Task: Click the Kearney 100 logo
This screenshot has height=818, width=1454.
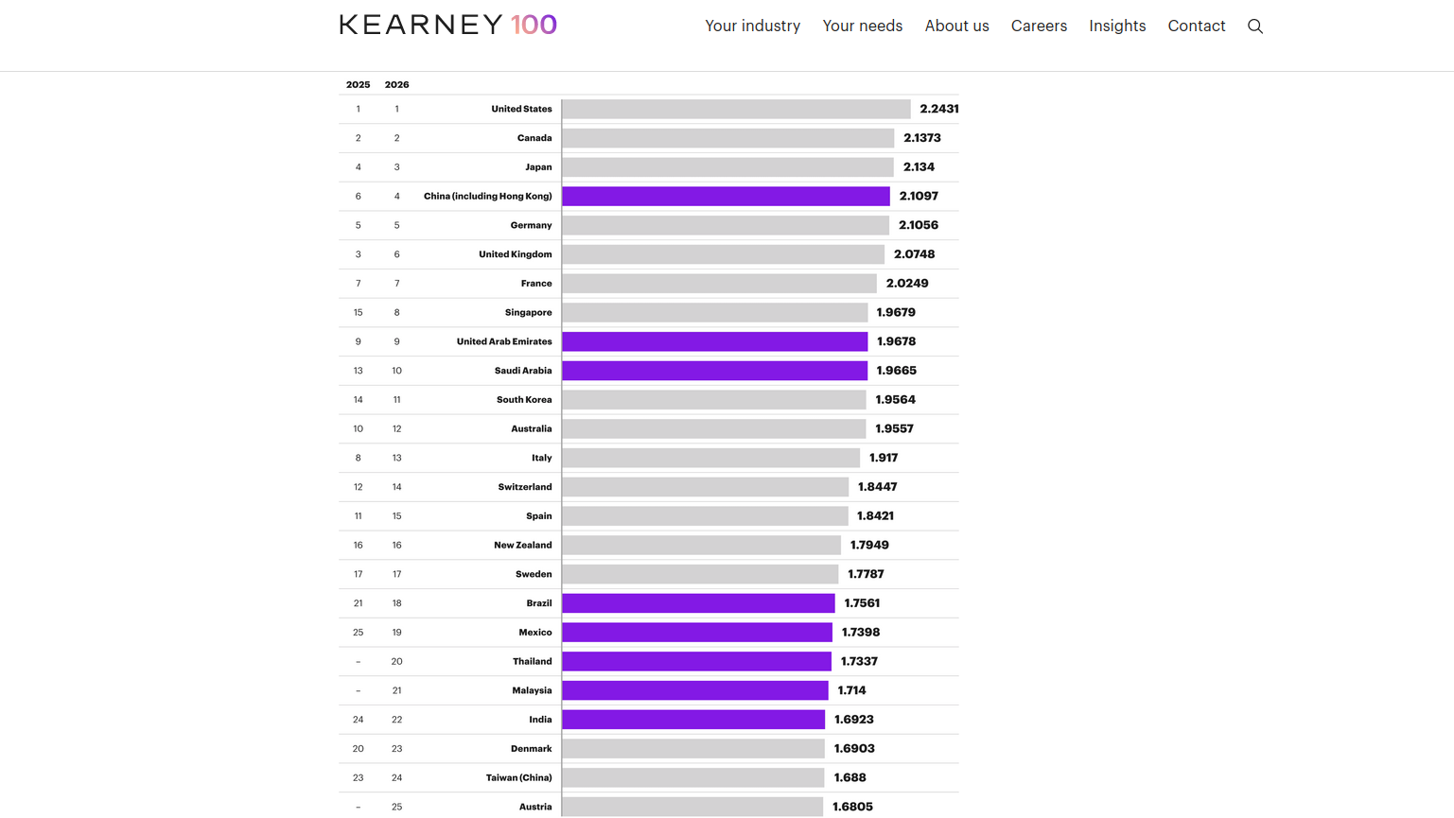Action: click(x=448, y=25)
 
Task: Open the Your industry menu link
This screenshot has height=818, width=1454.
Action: click(x=752, y=26)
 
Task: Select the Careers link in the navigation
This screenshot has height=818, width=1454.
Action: click(x=1039, y=26)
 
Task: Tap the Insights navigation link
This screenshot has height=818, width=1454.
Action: click(x=1117, y=26)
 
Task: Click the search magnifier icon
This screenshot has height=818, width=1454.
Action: click(x=1255, y=26)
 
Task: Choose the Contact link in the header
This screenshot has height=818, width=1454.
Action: click(x=1196, y=26)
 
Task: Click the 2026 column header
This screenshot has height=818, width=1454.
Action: click(x=396, y=85)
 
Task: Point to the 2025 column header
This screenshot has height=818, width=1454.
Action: click(x=358, y=85)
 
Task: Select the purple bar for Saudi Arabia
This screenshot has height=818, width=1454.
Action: click(x=714, y=371)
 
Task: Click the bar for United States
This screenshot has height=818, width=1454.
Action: click(x=736, y=110)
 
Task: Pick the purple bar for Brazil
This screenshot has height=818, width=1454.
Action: click(x=698, y=603)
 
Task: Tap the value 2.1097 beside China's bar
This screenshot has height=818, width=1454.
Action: click(x=919, y=197)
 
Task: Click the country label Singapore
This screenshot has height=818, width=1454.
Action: click(x=528, y=313)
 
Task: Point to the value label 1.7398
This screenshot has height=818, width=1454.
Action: click(x=861, y=633)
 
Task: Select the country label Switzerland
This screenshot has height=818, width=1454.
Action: click(x=525, y=487)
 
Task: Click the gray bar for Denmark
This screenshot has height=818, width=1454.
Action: click(x=693, y=749)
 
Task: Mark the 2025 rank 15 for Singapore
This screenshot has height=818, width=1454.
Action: click(x=358, y=313)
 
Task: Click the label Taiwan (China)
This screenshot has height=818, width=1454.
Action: click(x=518, y=778)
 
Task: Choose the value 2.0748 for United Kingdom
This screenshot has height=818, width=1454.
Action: click(x=914, y=254)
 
